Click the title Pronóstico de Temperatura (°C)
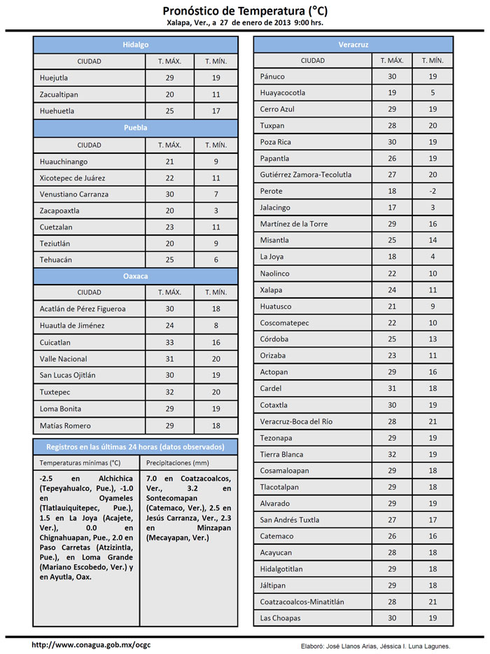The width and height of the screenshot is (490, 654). [x=244, y=10]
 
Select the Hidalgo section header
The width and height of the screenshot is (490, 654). [x=136, y=44]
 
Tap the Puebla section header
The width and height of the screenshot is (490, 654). [x=136, y=128]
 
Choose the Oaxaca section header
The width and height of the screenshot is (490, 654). [x=136, y=276]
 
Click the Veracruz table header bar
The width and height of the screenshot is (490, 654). [x=353, y=44]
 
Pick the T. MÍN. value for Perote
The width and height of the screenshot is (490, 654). [x=433, y=191]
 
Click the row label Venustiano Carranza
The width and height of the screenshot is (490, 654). [x=75, y=194]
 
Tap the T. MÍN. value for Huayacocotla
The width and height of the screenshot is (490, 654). [x=433, y=93]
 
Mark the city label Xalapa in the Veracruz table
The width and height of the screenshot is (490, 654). [x=271, y=290]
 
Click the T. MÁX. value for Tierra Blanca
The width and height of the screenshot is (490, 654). [x=392, y=454]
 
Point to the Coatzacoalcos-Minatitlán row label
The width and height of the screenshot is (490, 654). [x=302, y=602]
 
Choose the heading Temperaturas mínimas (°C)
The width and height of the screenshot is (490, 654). [x=80, y=463]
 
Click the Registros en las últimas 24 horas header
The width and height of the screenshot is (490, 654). [x=136, y=447]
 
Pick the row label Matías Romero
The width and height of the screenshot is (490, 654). [x=66, y=425]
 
